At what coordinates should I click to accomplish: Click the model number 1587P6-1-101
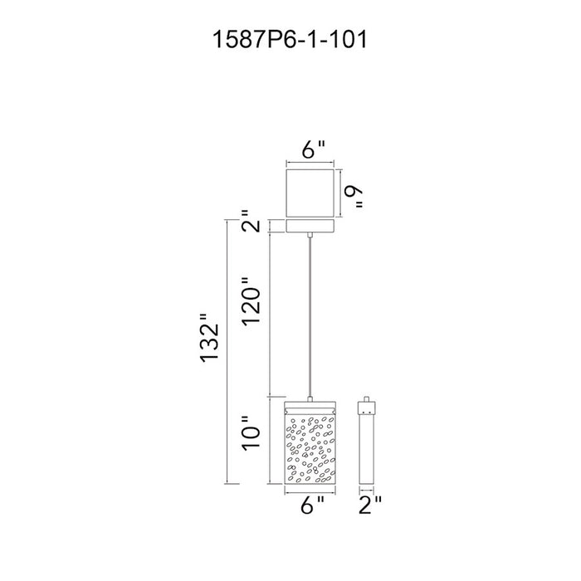[290, 39]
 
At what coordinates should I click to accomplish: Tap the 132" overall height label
[210, 338]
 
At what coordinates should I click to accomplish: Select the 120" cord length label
[251, 301]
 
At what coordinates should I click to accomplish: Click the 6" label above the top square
[313, 149]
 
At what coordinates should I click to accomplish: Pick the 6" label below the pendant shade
[312, 505]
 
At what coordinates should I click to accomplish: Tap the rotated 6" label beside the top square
[354, 198]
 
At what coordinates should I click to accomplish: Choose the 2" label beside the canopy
[251, 222]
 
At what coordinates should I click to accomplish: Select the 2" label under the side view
[370, 505]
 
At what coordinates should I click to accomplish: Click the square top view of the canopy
[310, 193]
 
